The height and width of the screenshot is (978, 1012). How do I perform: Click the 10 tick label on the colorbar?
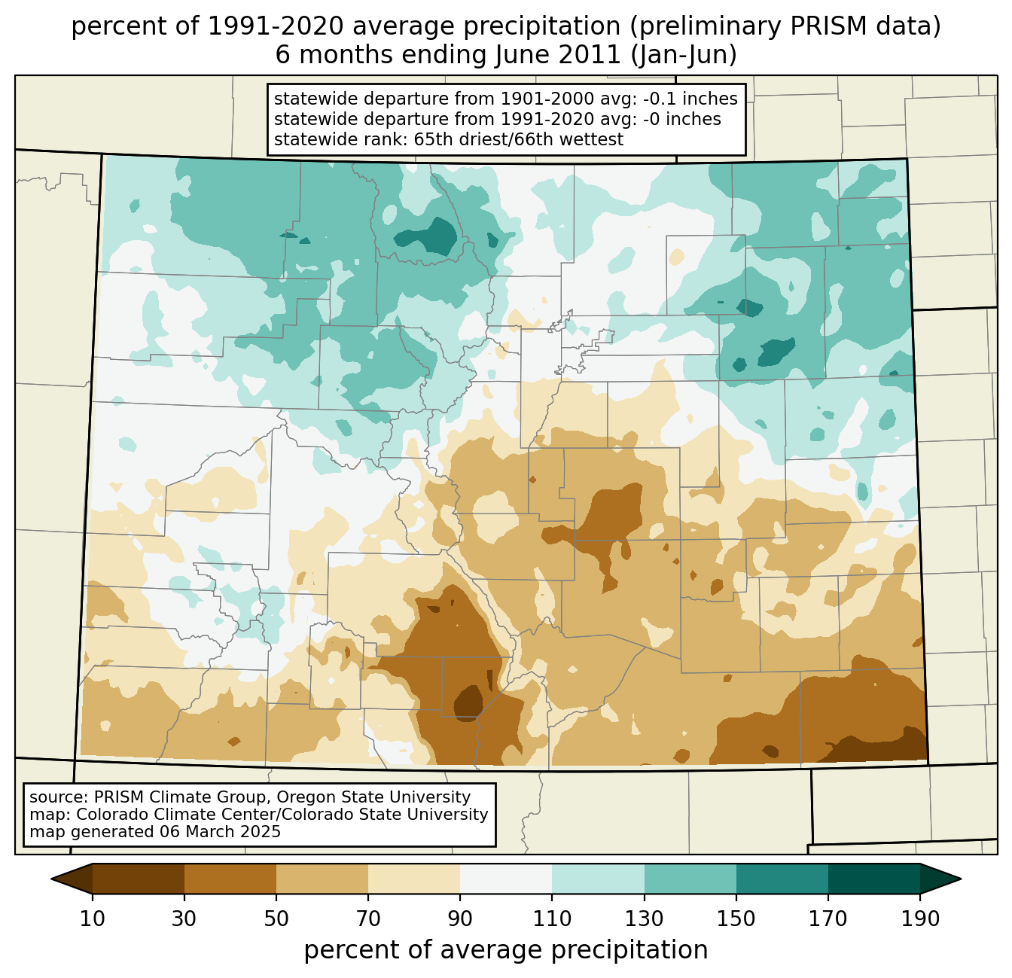[93, 919]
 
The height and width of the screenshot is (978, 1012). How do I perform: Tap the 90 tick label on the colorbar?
[460, 919]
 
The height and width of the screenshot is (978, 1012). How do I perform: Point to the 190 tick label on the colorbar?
[920, 919]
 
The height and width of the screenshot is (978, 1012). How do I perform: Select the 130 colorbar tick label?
[645, 919]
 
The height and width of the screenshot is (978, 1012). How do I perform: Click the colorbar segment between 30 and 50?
[230, 879]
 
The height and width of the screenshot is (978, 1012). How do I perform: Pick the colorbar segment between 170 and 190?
[874, 879]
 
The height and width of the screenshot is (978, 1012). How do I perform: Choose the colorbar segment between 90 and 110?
[506, 879]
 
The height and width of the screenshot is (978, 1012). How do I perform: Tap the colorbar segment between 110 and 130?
[598, 879]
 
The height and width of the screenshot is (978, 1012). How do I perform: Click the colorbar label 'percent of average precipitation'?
[506, 950]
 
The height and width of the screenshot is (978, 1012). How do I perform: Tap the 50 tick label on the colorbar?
[276, 919]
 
